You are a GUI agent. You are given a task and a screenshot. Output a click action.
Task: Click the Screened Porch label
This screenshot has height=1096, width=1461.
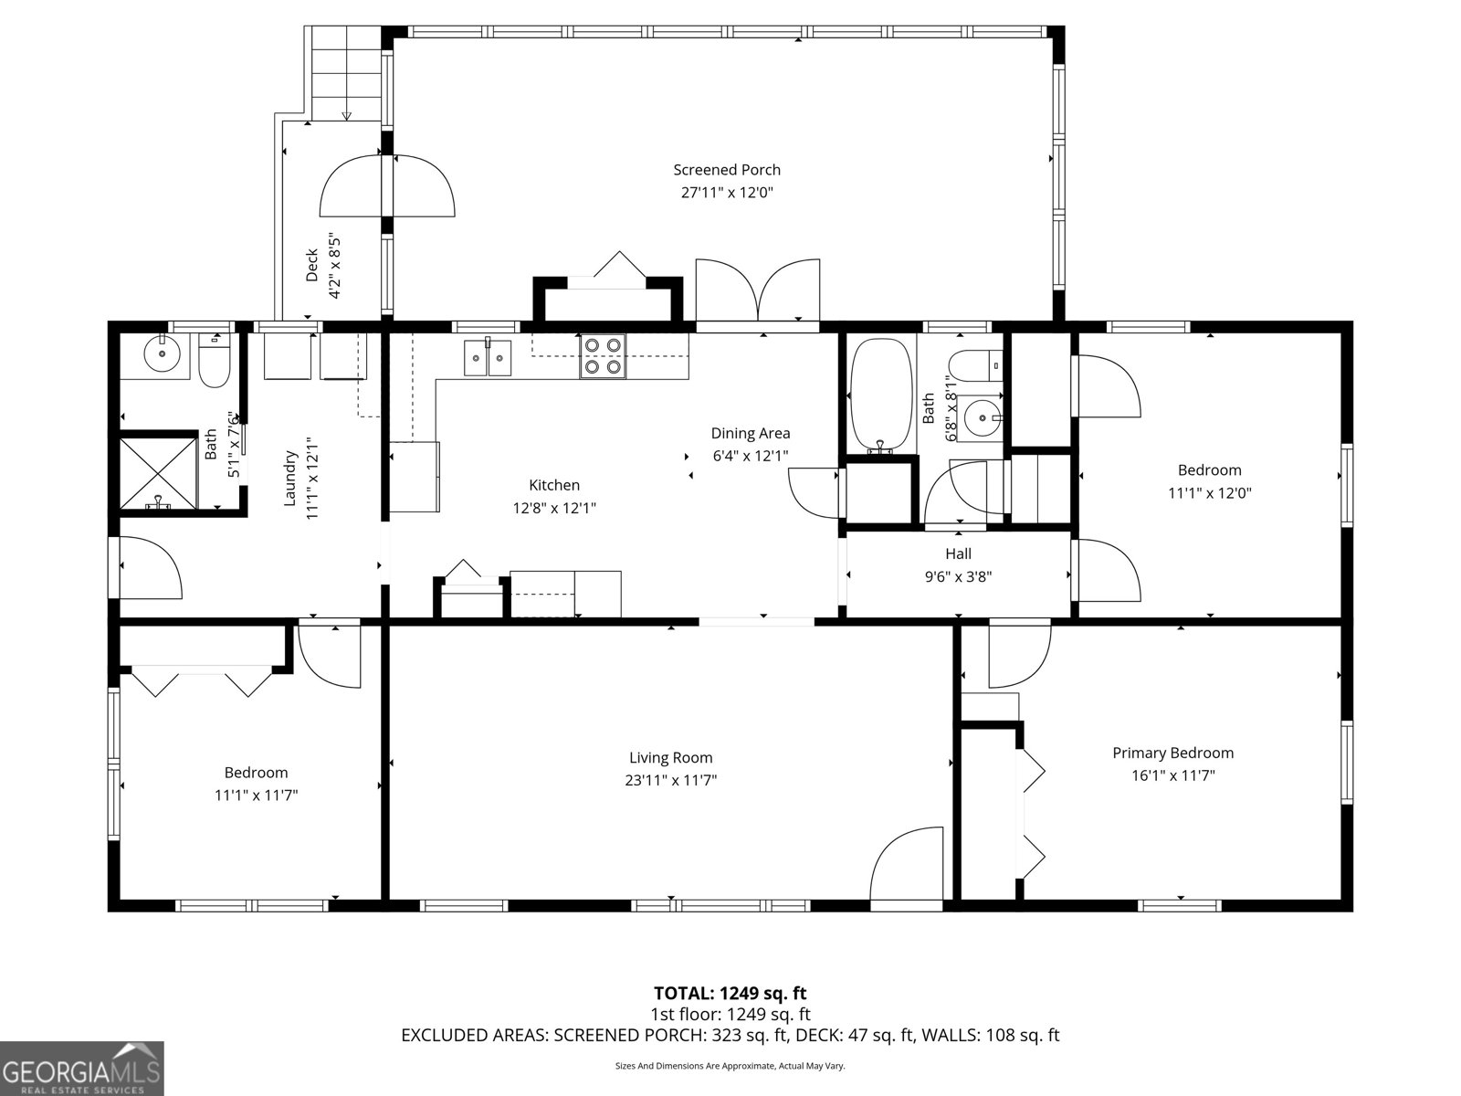726,170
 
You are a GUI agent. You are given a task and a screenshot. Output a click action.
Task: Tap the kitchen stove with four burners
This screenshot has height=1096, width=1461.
603,356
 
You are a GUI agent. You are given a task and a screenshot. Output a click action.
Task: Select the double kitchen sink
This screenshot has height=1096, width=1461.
488,357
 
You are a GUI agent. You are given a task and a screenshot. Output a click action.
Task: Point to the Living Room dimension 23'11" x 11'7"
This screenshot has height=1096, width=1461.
670,780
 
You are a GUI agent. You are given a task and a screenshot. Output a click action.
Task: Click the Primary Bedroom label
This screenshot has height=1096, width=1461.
1172,753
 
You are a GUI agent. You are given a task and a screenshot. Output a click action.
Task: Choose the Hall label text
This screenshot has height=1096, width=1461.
958,553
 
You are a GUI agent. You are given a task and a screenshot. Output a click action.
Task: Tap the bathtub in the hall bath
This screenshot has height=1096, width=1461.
880,396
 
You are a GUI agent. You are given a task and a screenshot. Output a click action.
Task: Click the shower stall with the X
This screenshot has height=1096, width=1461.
158,472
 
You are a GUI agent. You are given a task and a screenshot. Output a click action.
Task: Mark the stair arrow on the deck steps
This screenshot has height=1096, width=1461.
346,116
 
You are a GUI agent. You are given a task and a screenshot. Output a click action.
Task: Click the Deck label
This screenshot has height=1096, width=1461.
311,265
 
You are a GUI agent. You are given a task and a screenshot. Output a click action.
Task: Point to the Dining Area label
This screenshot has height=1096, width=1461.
751,433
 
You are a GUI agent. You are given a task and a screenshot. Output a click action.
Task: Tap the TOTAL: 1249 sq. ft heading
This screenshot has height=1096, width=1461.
730,993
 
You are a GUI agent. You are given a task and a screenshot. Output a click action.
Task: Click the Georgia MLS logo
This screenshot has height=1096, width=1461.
82,1068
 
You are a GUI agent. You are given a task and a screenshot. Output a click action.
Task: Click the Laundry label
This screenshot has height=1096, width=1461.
289,478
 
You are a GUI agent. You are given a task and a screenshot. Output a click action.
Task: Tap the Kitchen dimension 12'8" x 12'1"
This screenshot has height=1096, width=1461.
553,509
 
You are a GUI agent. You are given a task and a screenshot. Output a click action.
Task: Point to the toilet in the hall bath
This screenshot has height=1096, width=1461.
976,366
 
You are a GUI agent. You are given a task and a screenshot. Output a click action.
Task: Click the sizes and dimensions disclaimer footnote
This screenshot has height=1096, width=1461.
730,1065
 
